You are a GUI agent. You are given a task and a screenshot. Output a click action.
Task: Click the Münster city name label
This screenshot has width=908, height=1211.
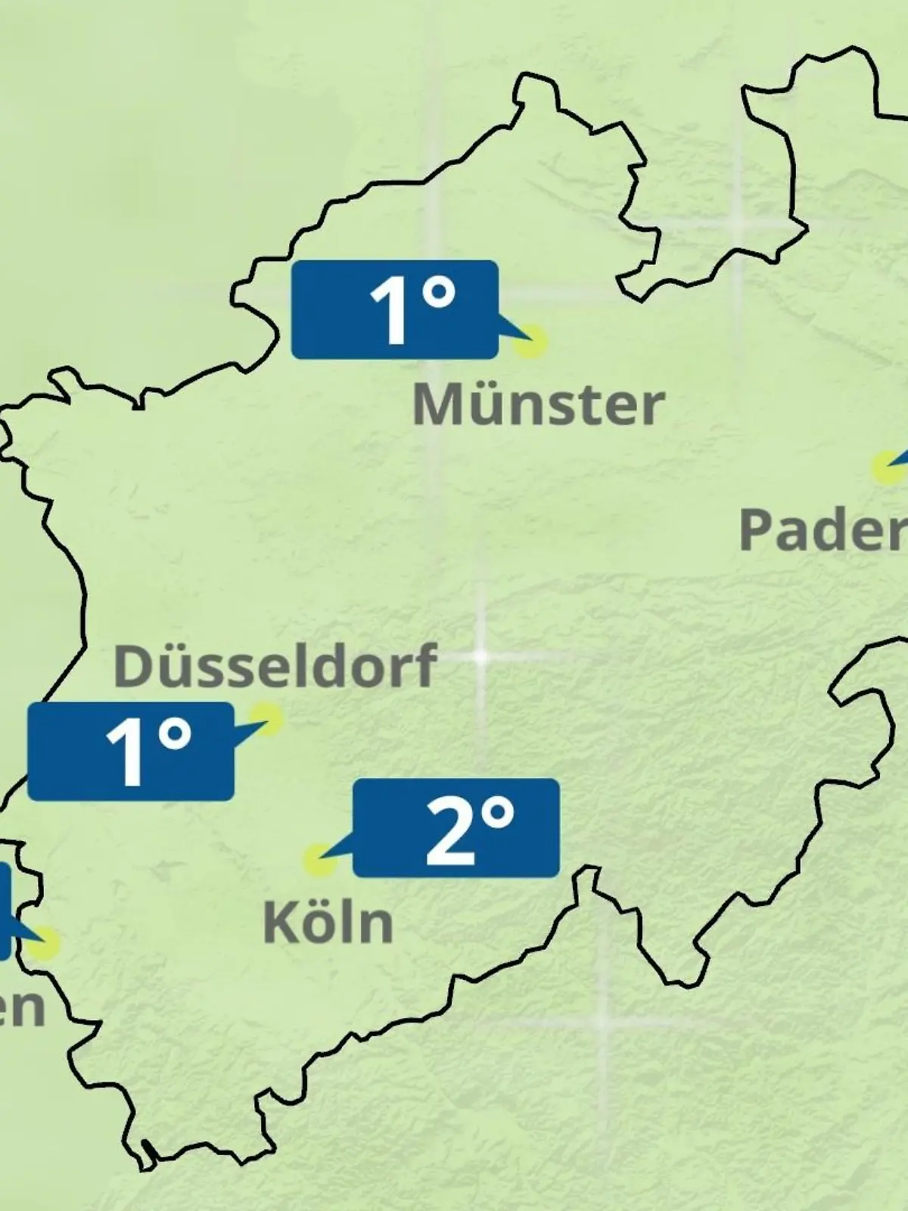coord(538,405)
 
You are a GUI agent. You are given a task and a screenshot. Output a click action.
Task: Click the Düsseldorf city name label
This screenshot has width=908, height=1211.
coord(275,665)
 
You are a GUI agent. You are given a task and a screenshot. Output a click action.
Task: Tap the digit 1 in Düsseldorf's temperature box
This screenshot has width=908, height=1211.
coord(126,752)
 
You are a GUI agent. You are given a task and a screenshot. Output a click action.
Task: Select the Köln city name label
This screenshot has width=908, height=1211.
coord(328,923)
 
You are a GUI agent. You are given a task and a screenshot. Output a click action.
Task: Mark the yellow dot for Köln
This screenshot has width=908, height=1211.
coord(319,861)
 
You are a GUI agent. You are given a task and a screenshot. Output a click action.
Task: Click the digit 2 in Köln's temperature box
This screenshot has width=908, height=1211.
coord(449,831)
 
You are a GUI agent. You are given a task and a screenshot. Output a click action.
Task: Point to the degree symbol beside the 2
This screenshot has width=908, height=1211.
coord(498,814)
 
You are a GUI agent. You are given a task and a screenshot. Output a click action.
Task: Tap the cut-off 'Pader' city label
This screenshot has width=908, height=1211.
coord(822,529)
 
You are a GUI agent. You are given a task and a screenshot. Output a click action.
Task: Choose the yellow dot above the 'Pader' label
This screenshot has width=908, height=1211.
coord(884,467)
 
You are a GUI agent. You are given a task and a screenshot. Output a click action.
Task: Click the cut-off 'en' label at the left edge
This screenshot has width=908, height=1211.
coord(20,1007)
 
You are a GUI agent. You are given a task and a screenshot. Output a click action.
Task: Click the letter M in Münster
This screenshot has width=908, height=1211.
coord(435,405)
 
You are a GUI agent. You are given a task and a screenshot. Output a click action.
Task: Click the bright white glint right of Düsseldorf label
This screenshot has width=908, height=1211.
coord(480,656)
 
